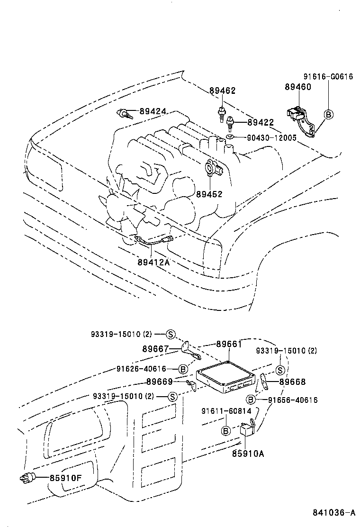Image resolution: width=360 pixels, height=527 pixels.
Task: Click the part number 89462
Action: (222, 91)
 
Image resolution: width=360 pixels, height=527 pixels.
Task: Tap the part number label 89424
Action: (153, 112)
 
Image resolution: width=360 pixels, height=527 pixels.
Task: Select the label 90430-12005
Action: (271, 138)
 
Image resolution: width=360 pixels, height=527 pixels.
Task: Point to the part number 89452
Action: (209, 194)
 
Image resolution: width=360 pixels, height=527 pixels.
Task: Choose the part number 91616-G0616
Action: (328, 76)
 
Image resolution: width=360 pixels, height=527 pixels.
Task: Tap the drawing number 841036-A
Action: (333, 513)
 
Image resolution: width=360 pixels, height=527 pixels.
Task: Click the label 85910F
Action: (66, 477)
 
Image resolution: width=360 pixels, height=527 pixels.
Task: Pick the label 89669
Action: (160, 382)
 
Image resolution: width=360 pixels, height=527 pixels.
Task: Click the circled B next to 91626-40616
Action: (183, 369)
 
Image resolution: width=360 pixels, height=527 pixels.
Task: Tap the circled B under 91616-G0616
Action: (328, 114)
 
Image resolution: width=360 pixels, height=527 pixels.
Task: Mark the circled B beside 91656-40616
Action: (251, 400)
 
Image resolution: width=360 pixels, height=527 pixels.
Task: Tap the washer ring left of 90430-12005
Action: (229, 137)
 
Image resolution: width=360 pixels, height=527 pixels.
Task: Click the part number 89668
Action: (292, 382)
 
